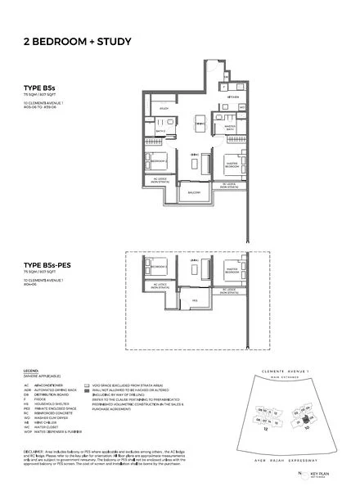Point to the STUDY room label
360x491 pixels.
coord(164,107)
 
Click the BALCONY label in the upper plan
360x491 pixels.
coord(195,192)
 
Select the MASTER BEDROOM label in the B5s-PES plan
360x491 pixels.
coord(231,268)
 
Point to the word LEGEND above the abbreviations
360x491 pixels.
coord(30,370)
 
